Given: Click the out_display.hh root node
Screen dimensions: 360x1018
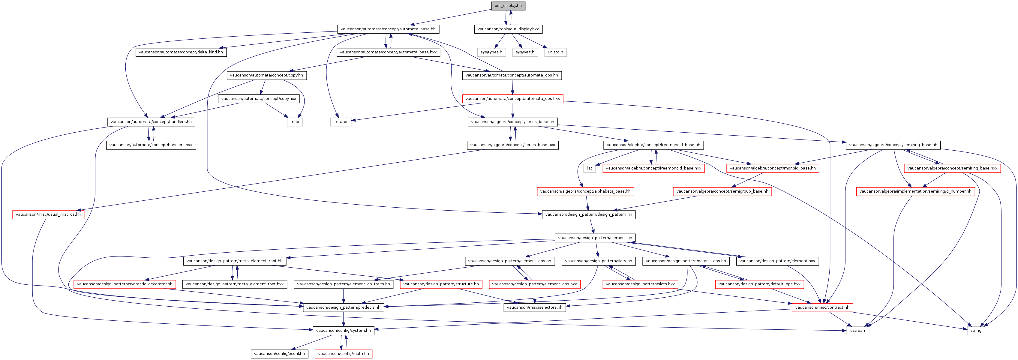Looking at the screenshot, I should click(508, 5).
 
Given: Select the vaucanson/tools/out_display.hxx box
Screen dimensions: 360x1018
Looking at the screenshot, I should click(508, 29).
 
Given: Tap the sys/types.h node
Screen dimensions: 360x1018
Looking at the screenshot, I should click(491, 52).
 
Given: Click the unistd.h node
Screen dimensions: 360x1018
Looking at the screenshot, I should click(555, 52).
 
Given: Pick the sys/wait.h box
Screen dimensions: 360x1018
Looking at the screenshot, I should click(525, 52).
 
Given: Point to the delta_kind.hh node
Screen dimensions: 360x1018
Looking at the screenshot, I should click(181, 52).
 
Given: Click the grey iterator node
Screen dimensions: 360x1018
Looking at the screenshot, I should click(341, 122).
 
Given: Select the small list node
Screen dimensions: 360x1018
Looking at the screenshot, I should click(589, 168).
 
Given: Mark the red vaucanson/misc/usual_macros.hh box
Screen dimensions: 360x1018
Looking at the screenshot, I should click(48, 214).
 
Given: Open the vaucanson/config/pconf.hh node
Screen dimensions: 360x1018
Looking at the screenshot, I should click(279, 354).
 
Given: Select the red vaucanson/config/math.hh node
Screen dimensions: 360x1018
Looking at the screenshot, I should click(344, 354).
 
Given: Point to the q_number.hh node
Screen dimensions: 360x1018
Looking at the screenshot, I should click(915, 192).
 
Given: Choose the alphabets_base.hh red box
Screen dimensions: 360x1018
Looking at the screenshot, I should click(585, 192).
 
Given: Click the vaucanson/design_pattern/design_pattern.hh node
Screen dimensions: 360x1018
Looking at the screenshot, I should click(588, 214).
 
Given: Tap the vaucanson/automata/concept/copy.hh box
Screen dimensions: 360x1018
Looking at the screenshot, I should click(266, 75).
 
